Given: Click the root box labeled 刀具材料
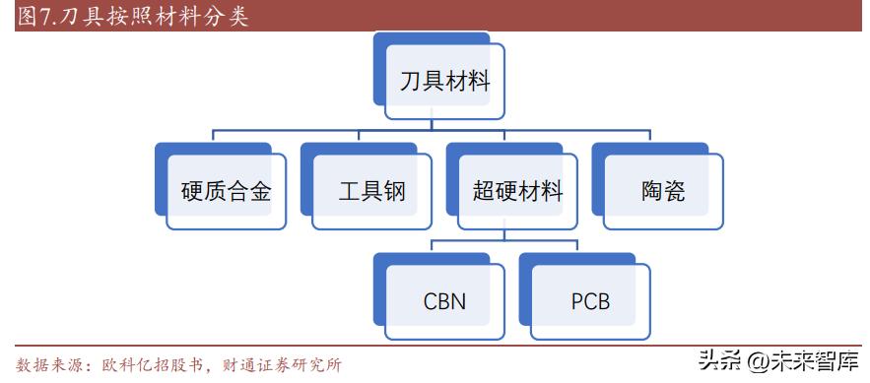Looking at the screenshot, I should [x=444, y=81].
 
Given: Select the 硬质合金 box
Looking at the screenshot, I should [x=226, y=191].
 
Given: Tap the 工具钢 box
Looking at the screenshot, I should [x=371, y=191].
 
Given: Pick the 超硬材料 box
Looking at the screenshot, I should [x=517, y=191].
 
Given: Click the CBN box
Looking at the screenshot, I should [x=444, y=299].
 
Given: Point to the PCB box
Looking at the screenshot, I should [x=590, y=299].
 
